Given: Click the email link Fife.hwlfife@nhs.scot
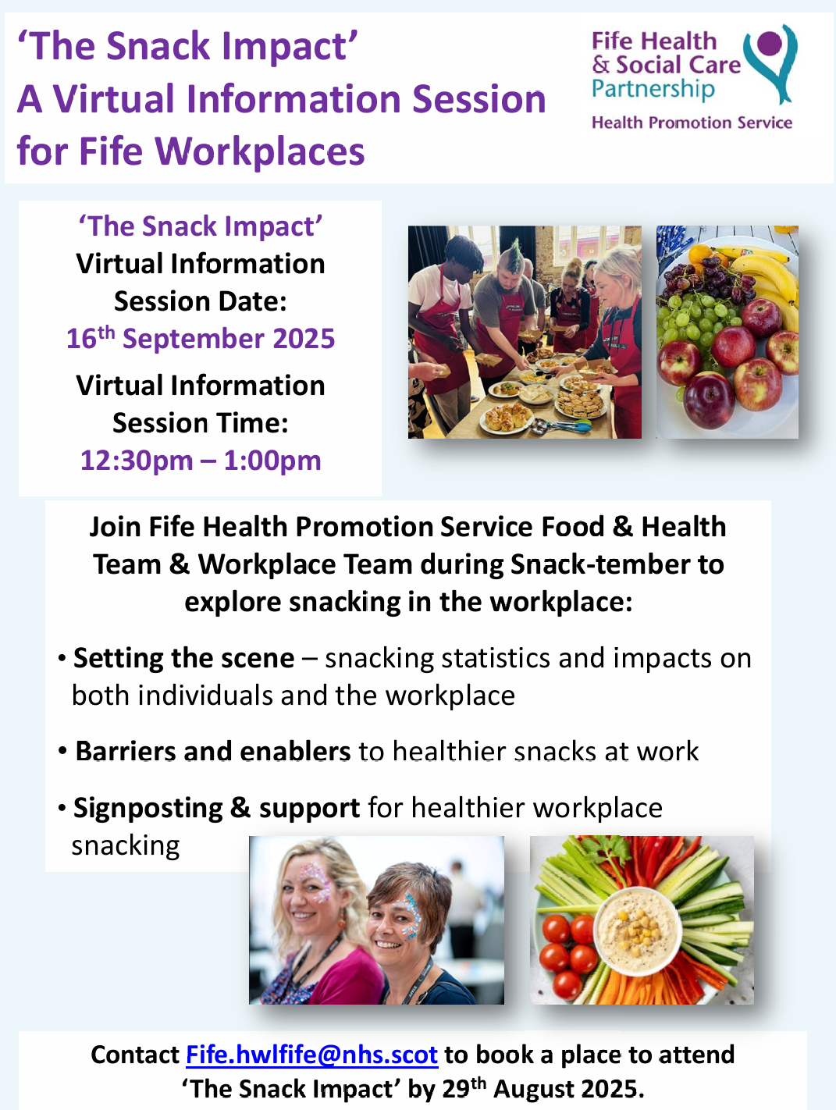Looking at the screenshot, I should tap(311, 1055).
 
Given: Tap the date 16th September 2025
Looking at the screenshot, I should tap(201, 339).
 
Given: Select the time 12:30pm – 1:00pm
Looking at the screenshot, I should tap(201, 461).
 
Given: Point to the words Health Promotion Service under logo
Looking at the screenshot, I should tap(692, 123).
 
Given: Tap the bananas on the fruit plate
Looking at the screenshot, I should tap(761, 269).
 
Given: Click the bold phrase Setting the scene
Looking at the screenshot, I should tap(184, 658).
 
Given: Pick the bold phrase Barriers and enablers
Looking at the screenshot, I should tap(213, 751).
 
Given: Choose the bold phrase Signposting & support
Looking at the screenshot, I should tap(216, 808).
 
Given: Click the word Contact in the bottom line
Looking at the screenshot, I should tap(135, 1055).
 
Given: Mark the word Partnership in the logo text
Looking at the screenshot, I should tap(653, 89).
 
